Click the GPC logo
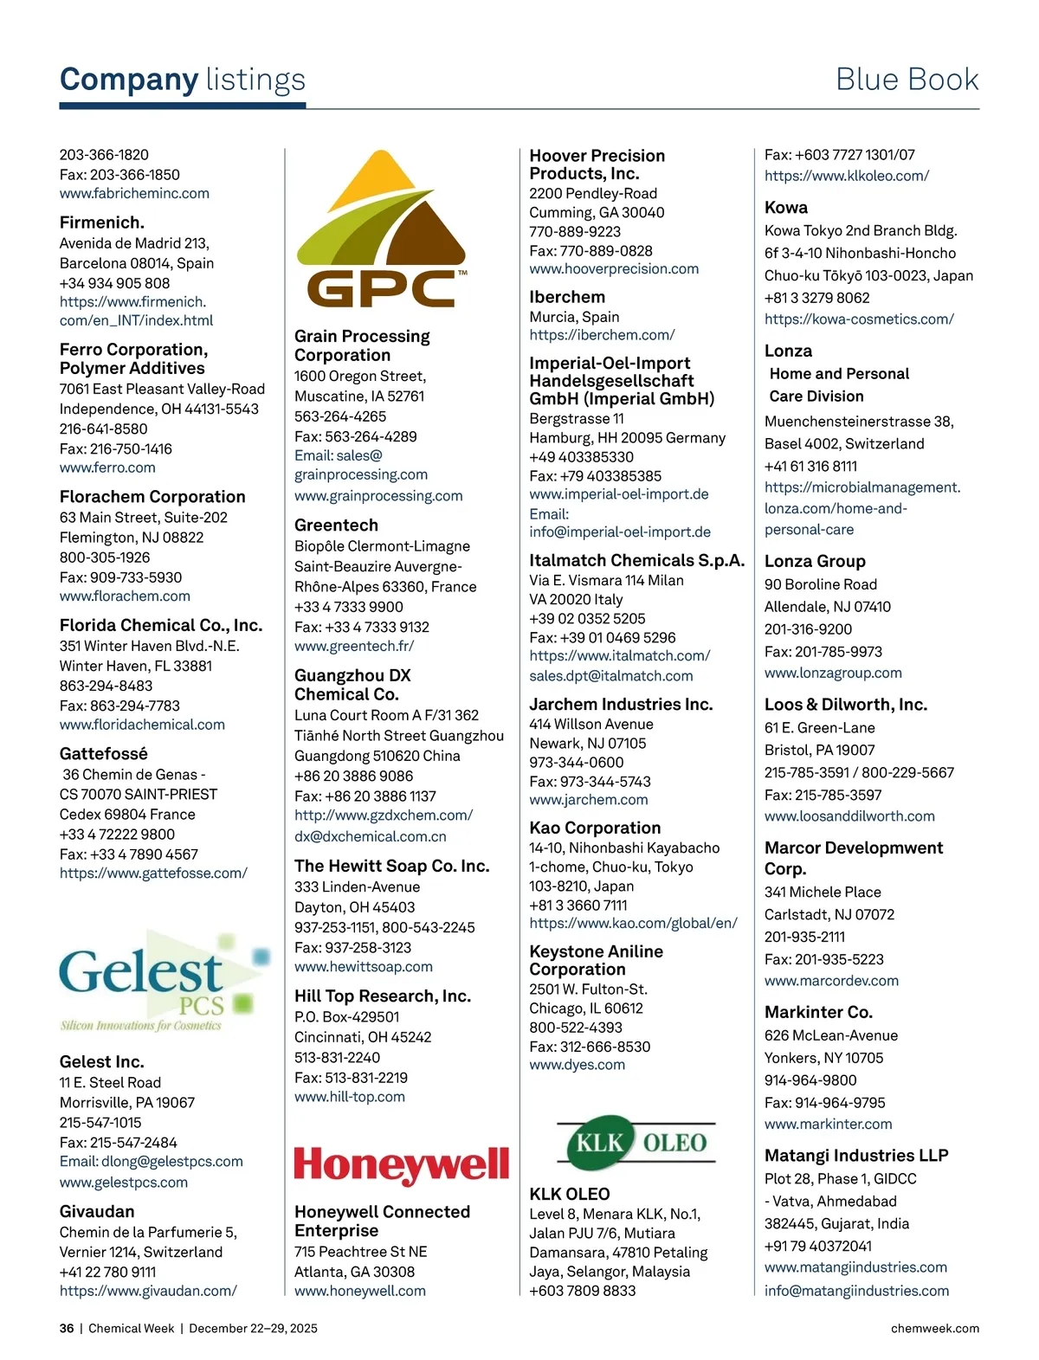tap(381, 229)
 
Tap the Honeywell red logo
tap(401, 1165)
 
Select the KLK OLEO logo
tap(636, 1143)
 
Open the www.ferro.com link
tap(107, 467)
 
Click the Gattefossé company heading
tap(104, 753)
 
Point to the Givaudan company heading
tap(97, 1211)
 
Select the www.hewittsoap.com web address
tap(364, 966)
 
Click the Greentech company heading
tap(336, 525)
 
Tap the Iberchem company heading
tap(567, 297)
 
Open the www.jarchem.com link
tap(589, 800)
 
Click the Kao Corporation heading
tap(595, 828)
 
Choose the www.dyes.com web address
tap(578, 1065)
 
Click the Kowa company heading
tap(786, 208)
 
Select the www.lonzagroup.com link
tap(833, 673)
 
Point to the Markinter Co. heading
tap(818, 1012)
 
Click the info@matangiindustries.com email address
tap(856, 1291)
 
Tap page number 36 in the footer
tap(67, 1328)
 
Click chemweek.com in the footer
tap(935, 1328)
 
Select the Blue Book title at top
tap(907, 80)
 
